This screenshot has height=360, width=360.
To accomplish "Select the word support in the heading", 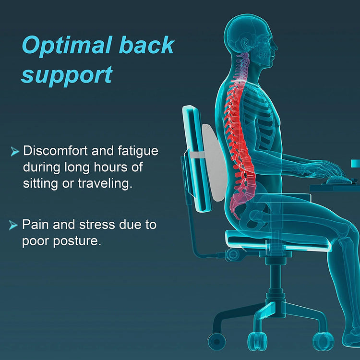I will [67, 75].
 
